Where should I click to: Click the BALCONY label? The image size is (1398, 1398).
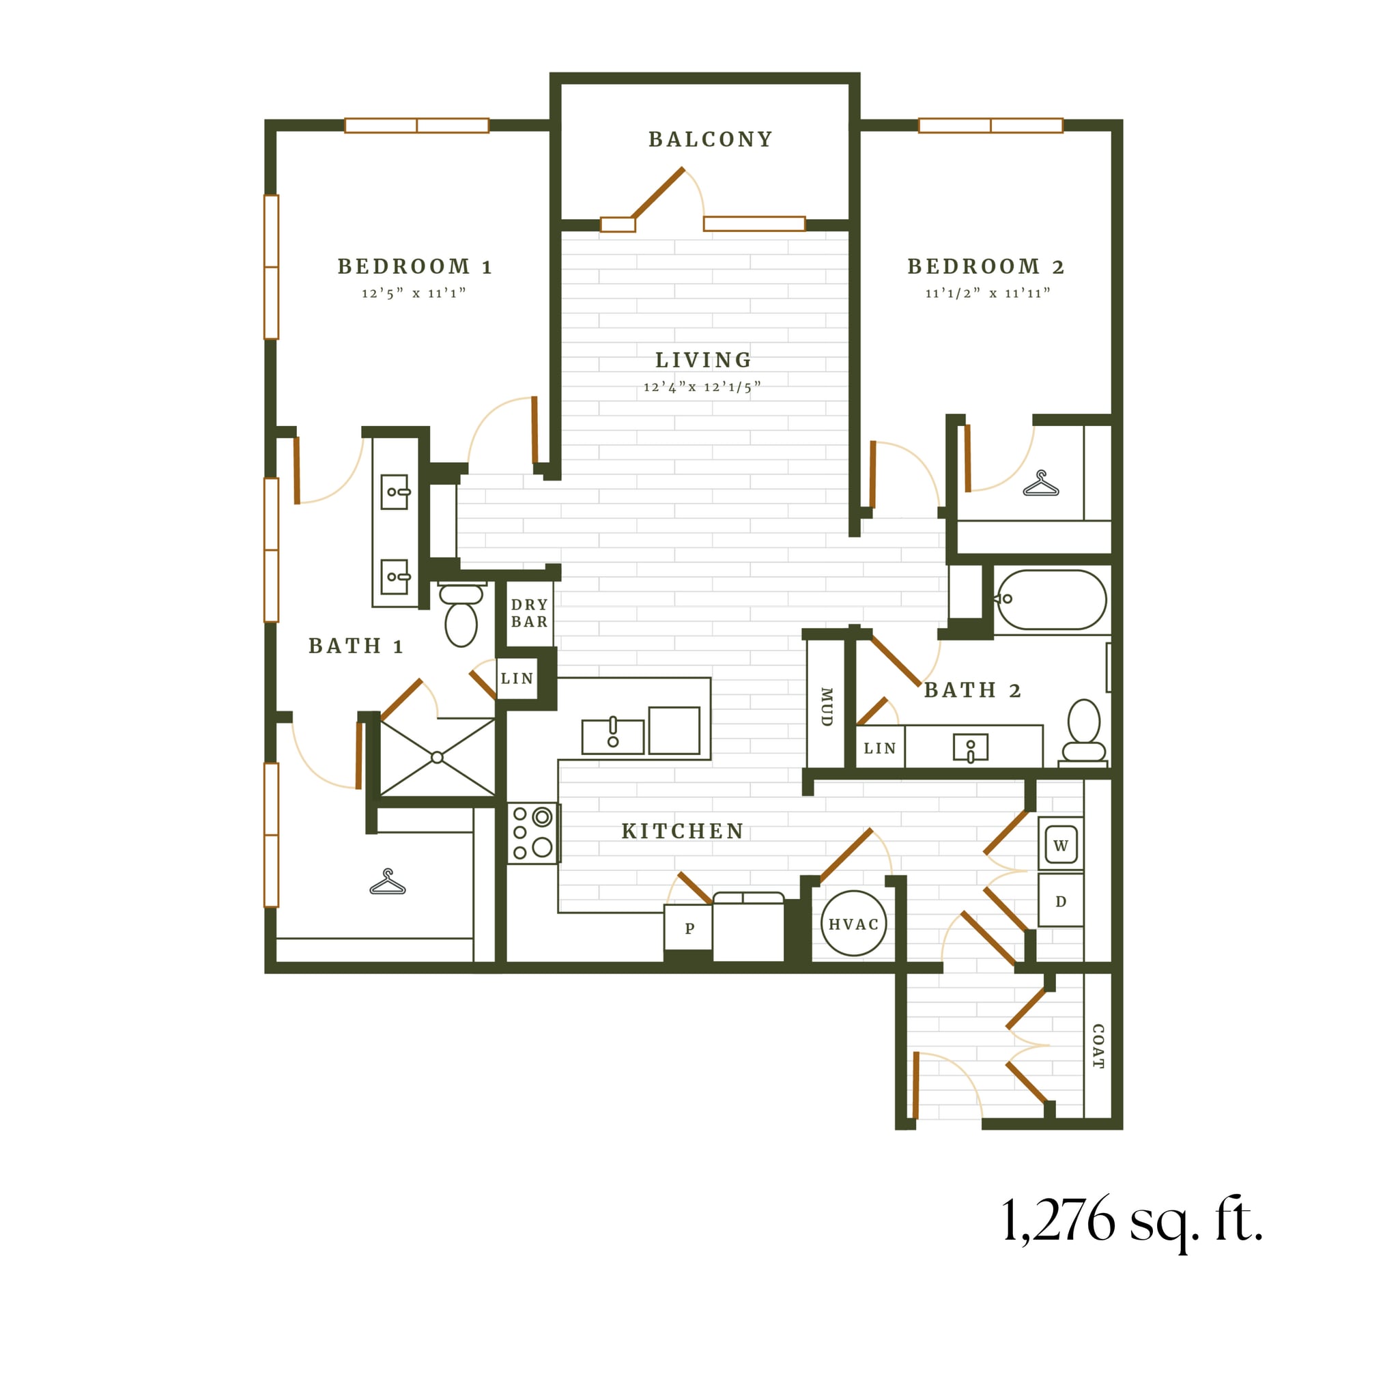710,139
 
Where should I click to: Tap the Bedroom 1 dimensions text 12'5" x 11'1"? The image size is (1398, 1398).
413,293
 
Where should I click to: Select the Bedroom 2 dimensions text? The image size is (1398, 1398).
987,293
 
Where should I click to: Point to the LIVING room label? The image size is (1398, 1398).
703,360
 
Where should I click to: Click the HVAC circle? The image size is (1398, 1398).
853,924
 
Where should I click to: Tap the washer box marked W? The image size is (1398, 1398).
1060,844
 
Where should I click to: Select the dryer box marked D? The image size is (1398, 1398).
1060,901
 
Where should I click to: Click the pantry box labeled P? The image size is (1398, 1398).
689,928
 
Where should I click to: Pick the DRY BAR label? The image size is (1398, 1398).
529,613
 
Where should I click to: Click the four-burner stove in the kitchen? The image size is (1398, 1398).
532,833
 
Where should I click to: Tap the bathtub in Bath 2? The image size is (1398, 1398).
1051,599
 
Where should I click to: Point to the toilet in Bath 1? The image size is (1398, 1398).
461,616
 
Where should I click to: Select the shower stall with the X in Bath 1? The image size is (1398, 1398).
437,757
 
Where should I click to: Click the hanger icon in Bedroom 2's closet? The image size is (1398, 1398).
1040,484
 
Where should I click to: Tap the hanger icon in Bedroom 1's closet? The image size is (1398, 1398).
387,882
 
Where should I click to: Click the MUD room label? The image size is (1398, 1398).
826,707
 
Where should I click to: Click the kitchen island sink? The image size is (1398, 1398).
612,737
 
